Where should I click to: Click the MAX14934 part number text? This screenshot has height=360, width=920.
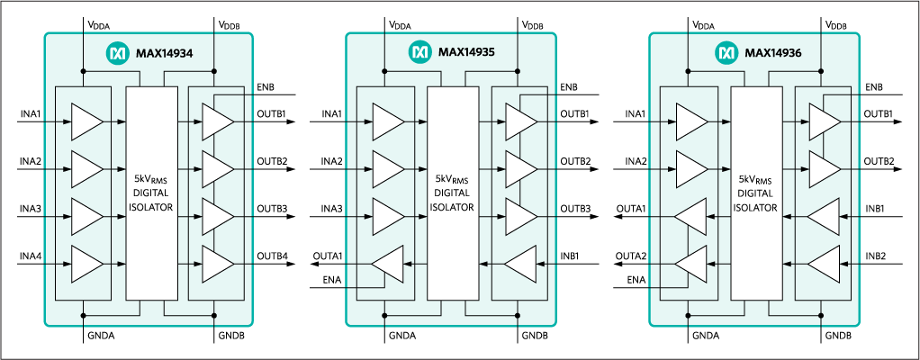tap(165, 53)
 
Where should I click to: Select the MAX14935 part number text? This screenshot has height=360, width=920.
tap(468, 53)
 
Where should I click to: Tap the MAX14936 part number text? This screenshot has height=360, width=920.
tap(773, 53)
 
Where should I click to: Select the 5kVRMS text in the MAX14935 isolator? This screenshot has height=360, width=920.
tap(452, 178)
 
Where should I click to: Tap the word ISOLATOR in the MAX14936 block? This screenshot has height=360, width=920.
tap(755, 207)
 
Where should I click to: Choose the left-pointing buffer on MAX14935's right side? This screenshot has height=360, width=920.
tap(520, 264)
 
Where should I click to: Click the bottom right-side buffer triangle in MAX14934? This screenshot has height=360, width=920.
tap(218, 264)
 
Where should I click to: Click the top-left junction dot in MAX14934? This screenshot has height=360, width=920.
tap(83, 70)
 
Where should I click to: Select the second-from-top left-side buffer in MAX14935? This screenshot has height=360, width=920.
tap(388, 167)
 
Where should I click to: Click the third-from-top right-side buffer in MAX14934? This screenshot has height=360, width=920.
tap(218, 216)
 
